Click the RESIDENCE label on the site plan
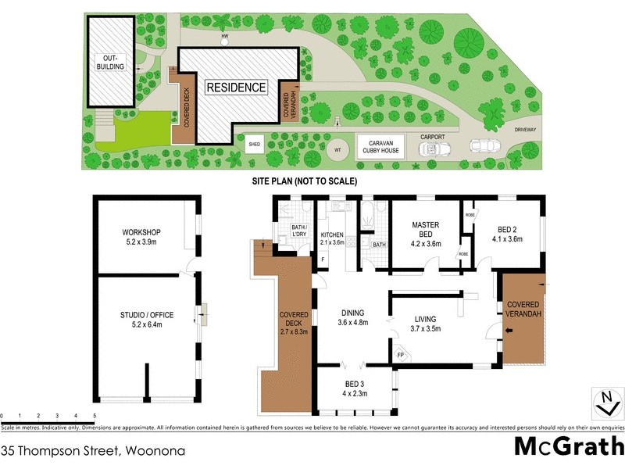[236, 88]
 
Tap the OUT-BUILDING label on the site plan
[109, 63]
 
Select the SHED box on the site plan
[254, 145]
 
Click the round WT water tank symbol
[337, 149]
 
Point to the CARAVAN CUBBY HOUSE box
[380, 148]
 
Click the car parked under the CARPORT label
[431, 149]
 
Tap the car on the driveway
[484, 145]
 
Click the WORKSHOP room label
[141, 232]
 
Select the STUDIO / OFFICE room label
[148, 315]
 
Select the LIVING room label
[426, 318]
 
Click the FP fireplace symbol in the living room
[401, 356]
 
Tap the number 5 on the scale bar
[95, 415]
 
